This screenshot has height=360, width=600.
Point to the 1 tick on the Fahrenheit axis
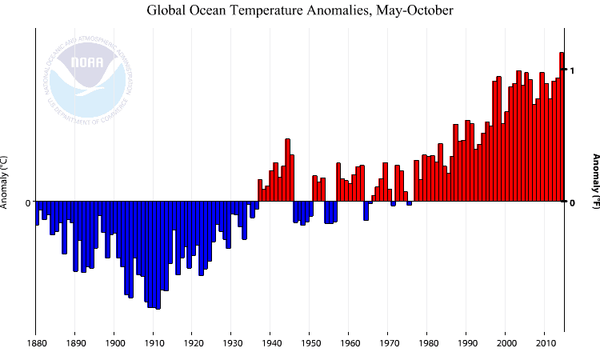[x=572, y=70]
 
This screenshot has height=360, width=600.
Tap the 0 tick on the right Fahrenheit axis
[x=572, y=202]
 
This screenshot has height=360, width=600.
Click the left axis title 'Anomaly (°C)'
[x=5, y=181]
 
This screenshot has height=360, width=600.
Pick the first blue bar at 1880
[x=37, y=213]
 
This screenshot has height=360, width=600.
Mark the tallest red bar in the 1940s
[x=287, y=170]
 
